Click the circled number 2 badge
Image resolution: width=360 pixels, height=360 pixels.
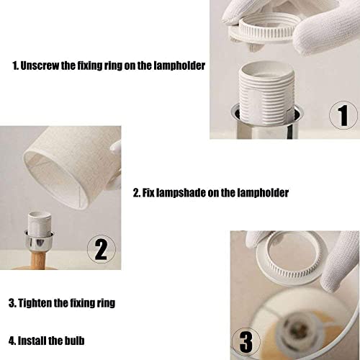coord(101,249)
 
